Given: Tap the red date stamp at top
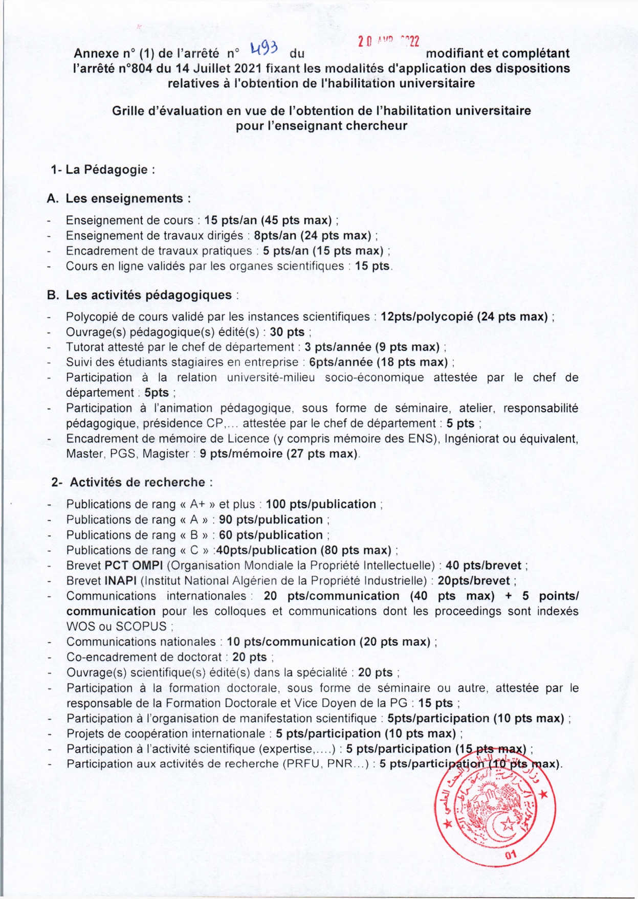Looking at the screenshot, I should coord(388,41).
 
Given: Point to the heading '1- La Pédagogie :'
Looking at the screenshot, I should coord(102,170).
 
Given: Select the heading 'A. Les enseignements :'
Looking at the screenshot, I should coord(119,198).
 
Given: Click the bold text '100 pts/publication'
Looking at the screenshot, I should coord(321,504).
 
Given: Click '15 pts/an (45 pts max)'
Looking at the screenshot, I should coord(268,220).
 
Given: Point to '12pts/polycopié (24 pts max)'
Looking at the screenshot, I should coord(464,317).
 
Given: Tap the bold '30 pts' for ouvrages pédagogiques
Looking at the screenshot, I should coord(287,332).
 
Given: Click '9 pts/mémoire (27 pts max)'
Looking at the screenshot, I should coord(278,454).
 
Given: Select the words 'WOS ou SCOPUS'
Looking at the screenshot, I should coord(117,626).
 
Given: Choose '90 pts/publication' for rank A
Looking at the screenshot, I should coord(271,520).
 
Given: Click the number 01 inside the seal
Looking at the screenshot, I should coord(510,855).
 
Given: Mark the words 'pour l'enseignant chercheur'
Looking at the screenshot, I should coord(321,126).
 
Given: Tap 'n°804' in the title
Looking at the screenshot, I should coord(135,68).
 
